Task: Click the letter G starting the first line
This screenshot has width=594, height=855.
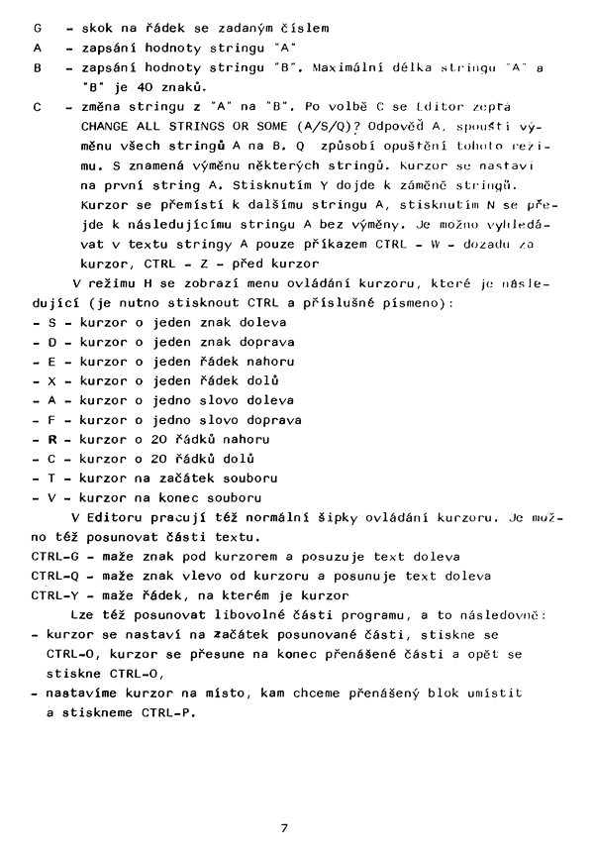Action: (37, 27)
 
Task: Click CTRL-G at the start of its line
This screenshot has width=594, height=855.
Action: (55, 557)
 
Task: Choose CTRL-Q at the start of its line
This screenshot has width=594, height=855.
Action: (55, 576)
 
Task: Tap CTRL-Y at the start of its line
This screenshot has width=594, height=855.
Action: (55, 594)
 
